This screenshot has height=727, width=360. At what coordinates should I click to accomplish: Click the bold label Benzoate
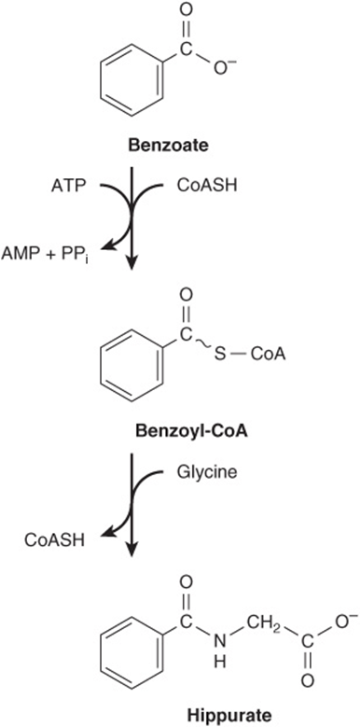(x=168, y=146)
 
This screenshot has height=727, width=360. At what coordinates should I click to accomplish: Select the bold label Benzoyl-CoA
(x=191, y=432)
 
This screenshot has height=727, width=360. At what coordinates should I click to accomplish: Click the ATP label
(x=68, y=188)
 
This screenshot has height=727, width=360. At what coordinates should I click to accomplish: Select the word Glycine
(x=207, y=473)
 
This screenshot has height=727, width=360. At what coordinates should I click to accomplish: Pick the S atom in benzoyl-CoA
(x=220, y=357)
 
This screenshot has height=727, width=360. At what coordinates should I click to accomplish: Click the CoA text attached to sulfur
(x=268, y=357)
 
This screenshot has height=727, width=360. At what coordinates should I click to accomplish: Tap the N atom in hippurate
(x=220, y=642)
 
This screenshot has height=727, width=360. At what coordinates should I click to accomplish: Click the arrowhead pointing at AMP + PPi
(x=105, y=247)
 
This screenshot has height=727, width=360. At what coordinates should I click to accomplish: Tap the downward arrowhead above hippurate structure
(x=132, y=550)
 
